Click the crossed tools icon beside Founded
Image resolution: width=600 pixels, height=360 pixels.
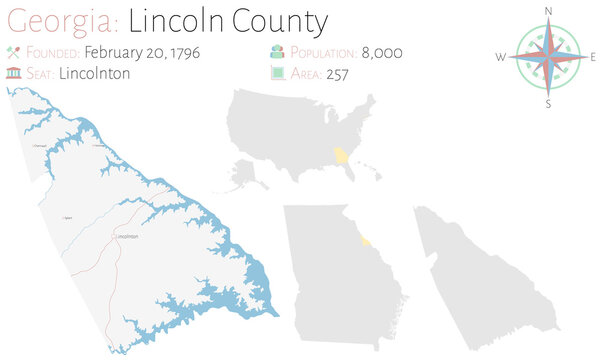pyautogui.click(x=14, y=52)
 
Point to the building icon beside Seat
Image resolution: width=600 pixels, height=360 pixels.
pyautogui.click(x=14, y=73)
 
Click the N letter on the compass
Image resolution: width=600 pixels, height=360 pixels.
pyautogui.click(x=548, y=10)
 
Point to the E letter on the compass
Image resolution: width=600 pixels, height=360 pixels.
pyautogui.click(x=594, y=57)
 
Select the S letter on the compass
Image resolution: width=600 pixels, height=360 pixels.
pyautogui.click(x=548, y=103)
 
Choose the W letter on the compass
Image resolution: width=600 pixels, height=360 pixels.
pyautogui.click(x=501, y=57)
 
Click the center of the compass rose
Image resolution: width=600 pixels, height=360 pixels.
pyautogui.click(x=548, y=57)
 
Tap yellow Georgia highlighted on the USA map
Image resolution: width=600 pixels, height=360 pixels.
pyautogui.click(x=345, y=157)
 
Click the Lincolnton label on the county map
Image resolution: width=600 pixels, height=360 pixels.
pyautogui.click(x=127, y=237)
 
